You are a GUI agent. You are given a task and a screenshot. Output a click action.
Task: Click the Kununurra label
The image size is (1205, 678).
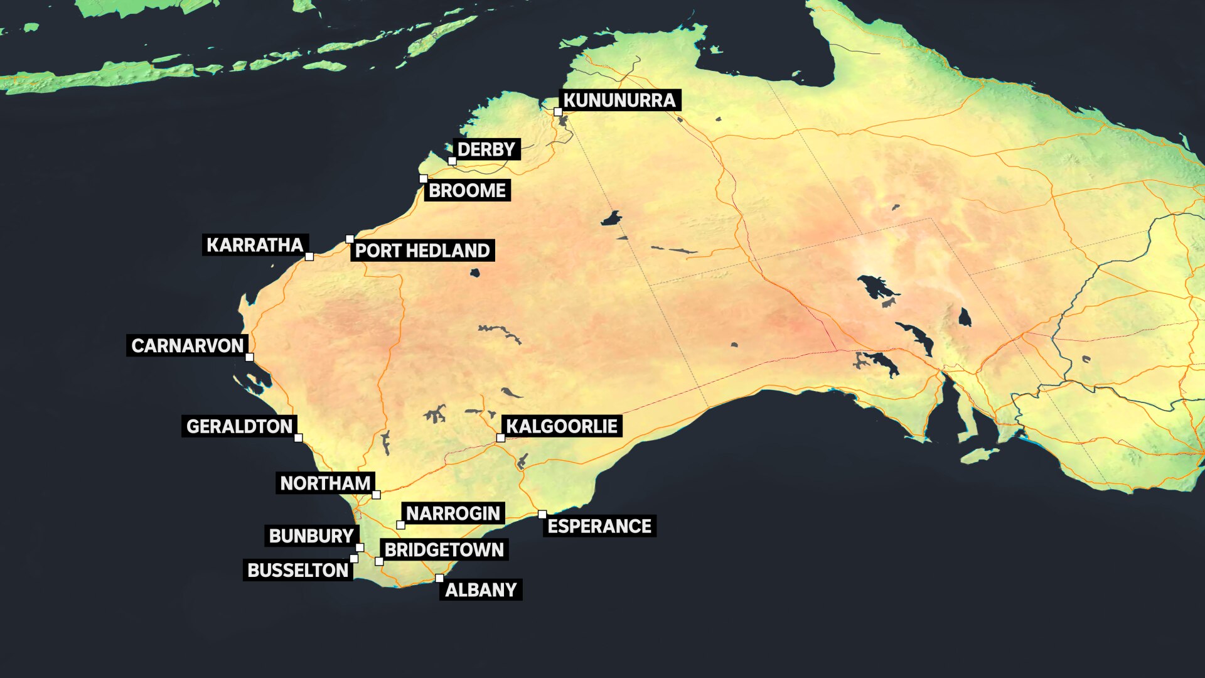pyautogui.click(x=619, y=100)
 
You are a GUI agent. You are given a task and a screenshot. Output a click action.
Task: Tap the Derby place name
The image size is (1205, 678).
pyautogui.click(x=486, y=149)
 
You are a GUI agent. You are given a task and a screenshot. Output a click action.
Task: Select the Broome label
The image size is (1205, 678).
pyautogui.click(x=467, y=190)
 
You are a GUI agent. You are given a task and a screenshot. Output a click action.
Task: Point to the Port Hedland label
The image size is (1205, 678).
pyautogui.click(x=422, y=250)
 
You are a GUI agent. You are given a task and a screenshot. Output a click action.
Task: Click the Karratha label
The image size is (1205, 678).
pyautogui.click(x=255, y=245)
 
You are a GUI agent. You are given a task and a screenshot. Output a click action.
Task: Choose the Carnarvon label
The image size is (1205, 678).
pyautogui.click(x=187, y=346)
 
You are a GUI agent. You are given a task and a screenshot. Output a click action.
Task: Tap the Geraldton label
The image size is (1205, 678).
pyautogui.click(x=239, y=427)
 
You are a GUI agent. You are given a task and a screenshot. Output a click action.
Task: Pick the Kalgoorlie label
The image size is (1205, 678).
pyautogui.click(x=562, y=427)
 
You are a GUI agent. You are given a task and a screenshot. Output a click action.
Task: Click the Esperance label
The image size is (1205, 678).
pyautogui.click(x=599, y=526)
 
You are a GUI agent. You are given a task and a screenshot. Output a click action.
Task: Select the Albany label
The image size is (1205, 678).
pyautogui.click(x=481, y=590)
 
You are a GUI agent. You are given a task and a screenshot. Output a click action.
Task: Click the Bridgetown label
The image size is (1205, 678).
pyautogui.click(x=444, y=550)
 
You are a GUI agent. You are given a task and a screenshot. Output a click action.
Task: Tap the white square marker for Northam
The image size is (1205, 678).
pyautogui.click(x=376, y=495)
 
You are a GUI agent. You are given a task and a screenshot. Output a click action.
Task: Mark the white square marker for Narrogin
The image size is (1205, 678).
pyautogui.click(x=400, y=525)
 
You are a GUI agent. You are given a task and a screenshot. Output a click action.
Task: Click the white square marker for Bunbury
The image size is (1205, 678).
pyautogui.click(x=360, y=547)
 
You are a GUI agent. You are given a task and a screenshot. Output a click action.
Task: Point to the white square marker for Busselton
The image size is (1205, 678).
pyautogui.click(x=354, y=559)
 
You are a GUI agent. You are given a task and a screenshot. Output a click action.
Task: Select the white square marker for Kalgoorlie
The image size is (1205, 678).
pyautogui.click(x=501, y=438)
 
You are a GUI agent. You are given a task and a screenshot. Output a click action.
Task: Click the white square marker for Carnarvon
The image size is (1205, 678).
pyautogui.click(x=249, y=357)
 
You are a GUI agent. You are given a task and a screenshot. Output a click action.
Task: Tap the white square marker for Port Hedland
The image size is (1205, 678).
pyautogui.click(x=350, y=239)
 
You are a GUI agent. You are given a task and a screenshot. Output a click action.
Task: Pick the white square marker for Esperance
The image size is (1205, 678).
pyautogui.click(x=542, y=515)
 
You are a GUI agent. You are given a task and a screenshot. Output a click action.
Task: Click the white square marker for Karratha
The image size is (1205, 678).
pyautogui.click(x=309, y=256)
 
